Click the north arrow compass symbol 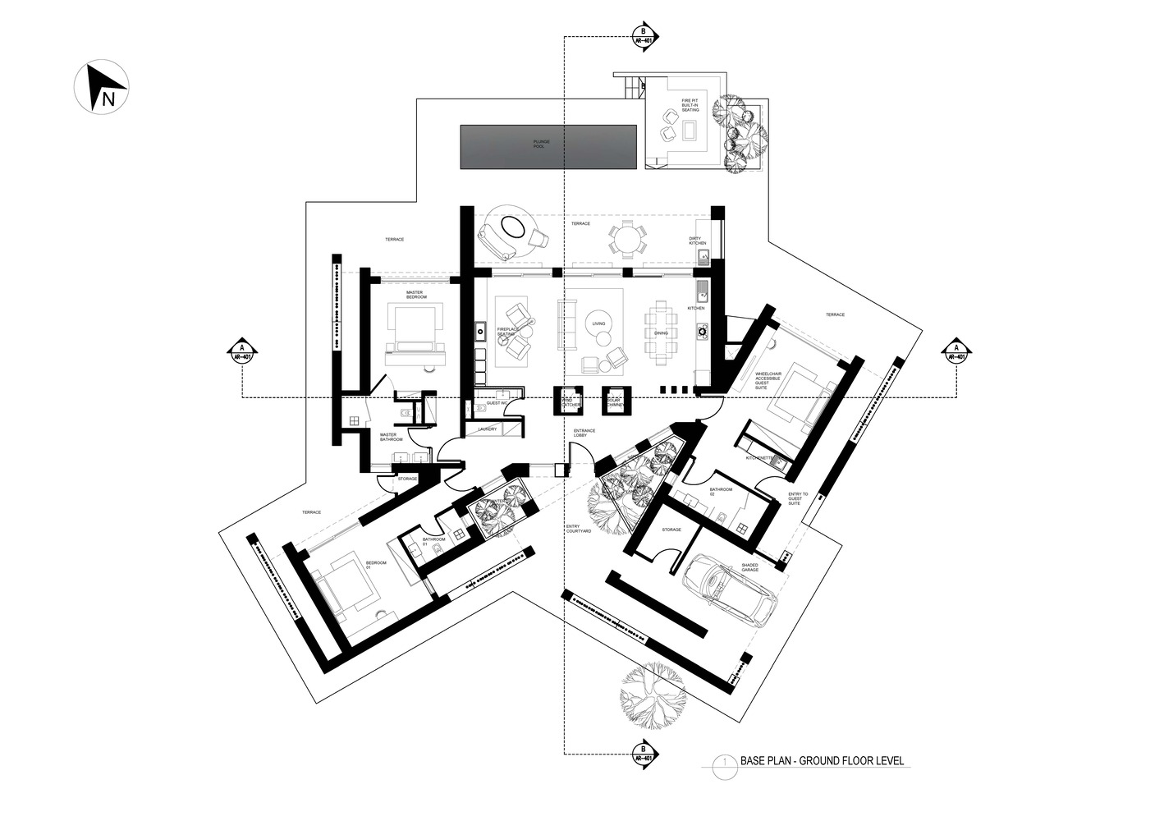101,88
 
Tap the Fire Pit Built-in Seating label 690,105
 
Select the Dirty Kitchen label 697,241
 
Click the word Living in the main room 598,323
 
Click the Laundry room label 487,429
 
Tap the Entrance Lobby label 584,433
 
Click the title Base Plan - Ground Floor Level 821,761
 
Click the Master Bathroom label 388,438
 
